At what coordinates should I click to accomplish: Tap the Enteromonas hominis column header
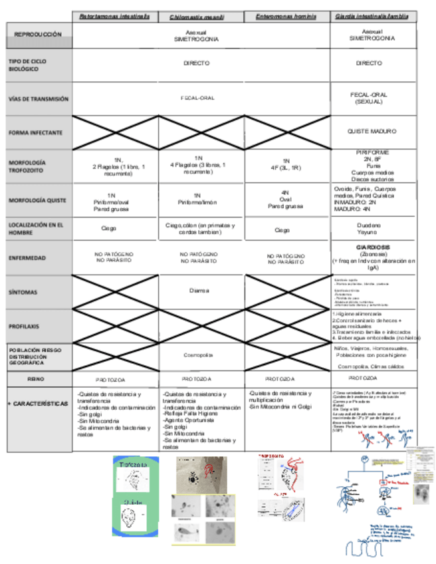286,15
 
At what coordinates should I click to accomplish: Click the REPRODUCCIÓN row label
39,34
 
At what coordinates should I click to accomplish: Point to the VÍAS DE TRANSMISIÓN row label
39,98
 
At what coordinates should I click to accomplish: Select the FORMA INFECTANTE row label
36,132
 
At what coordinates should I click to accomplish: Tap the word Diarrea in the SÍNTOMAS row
201,291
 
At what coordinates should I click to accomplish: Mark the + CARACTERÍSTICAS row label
37,404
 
